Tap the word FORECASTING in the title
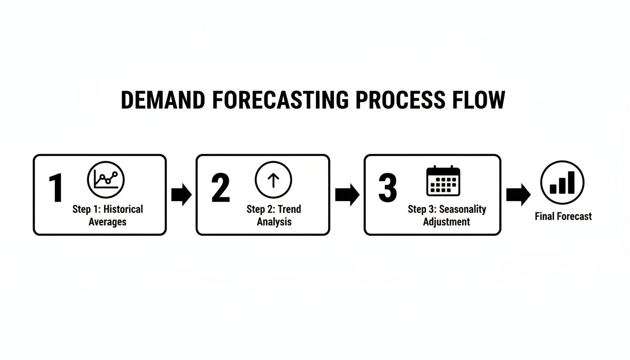tap(279, 100)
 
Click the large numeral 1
tap(56, 188)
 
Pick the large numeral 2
tap(221, 188)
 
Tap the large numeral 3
tap(388, 188)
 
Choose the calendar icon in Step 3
tap(443, 180)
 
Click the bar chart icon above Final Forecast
tap(562, 182)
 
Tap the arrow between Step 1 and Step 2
tap(181, 195)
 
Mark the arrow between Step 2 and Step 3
tap(347, 195)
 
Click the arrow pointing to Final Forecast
tap(518, 194)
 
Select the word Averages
tap(107, 222)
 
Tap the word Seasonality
tap(463, 209)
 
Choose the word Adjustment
tap(446, 222)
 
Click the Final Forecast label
tap(563, 216)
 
